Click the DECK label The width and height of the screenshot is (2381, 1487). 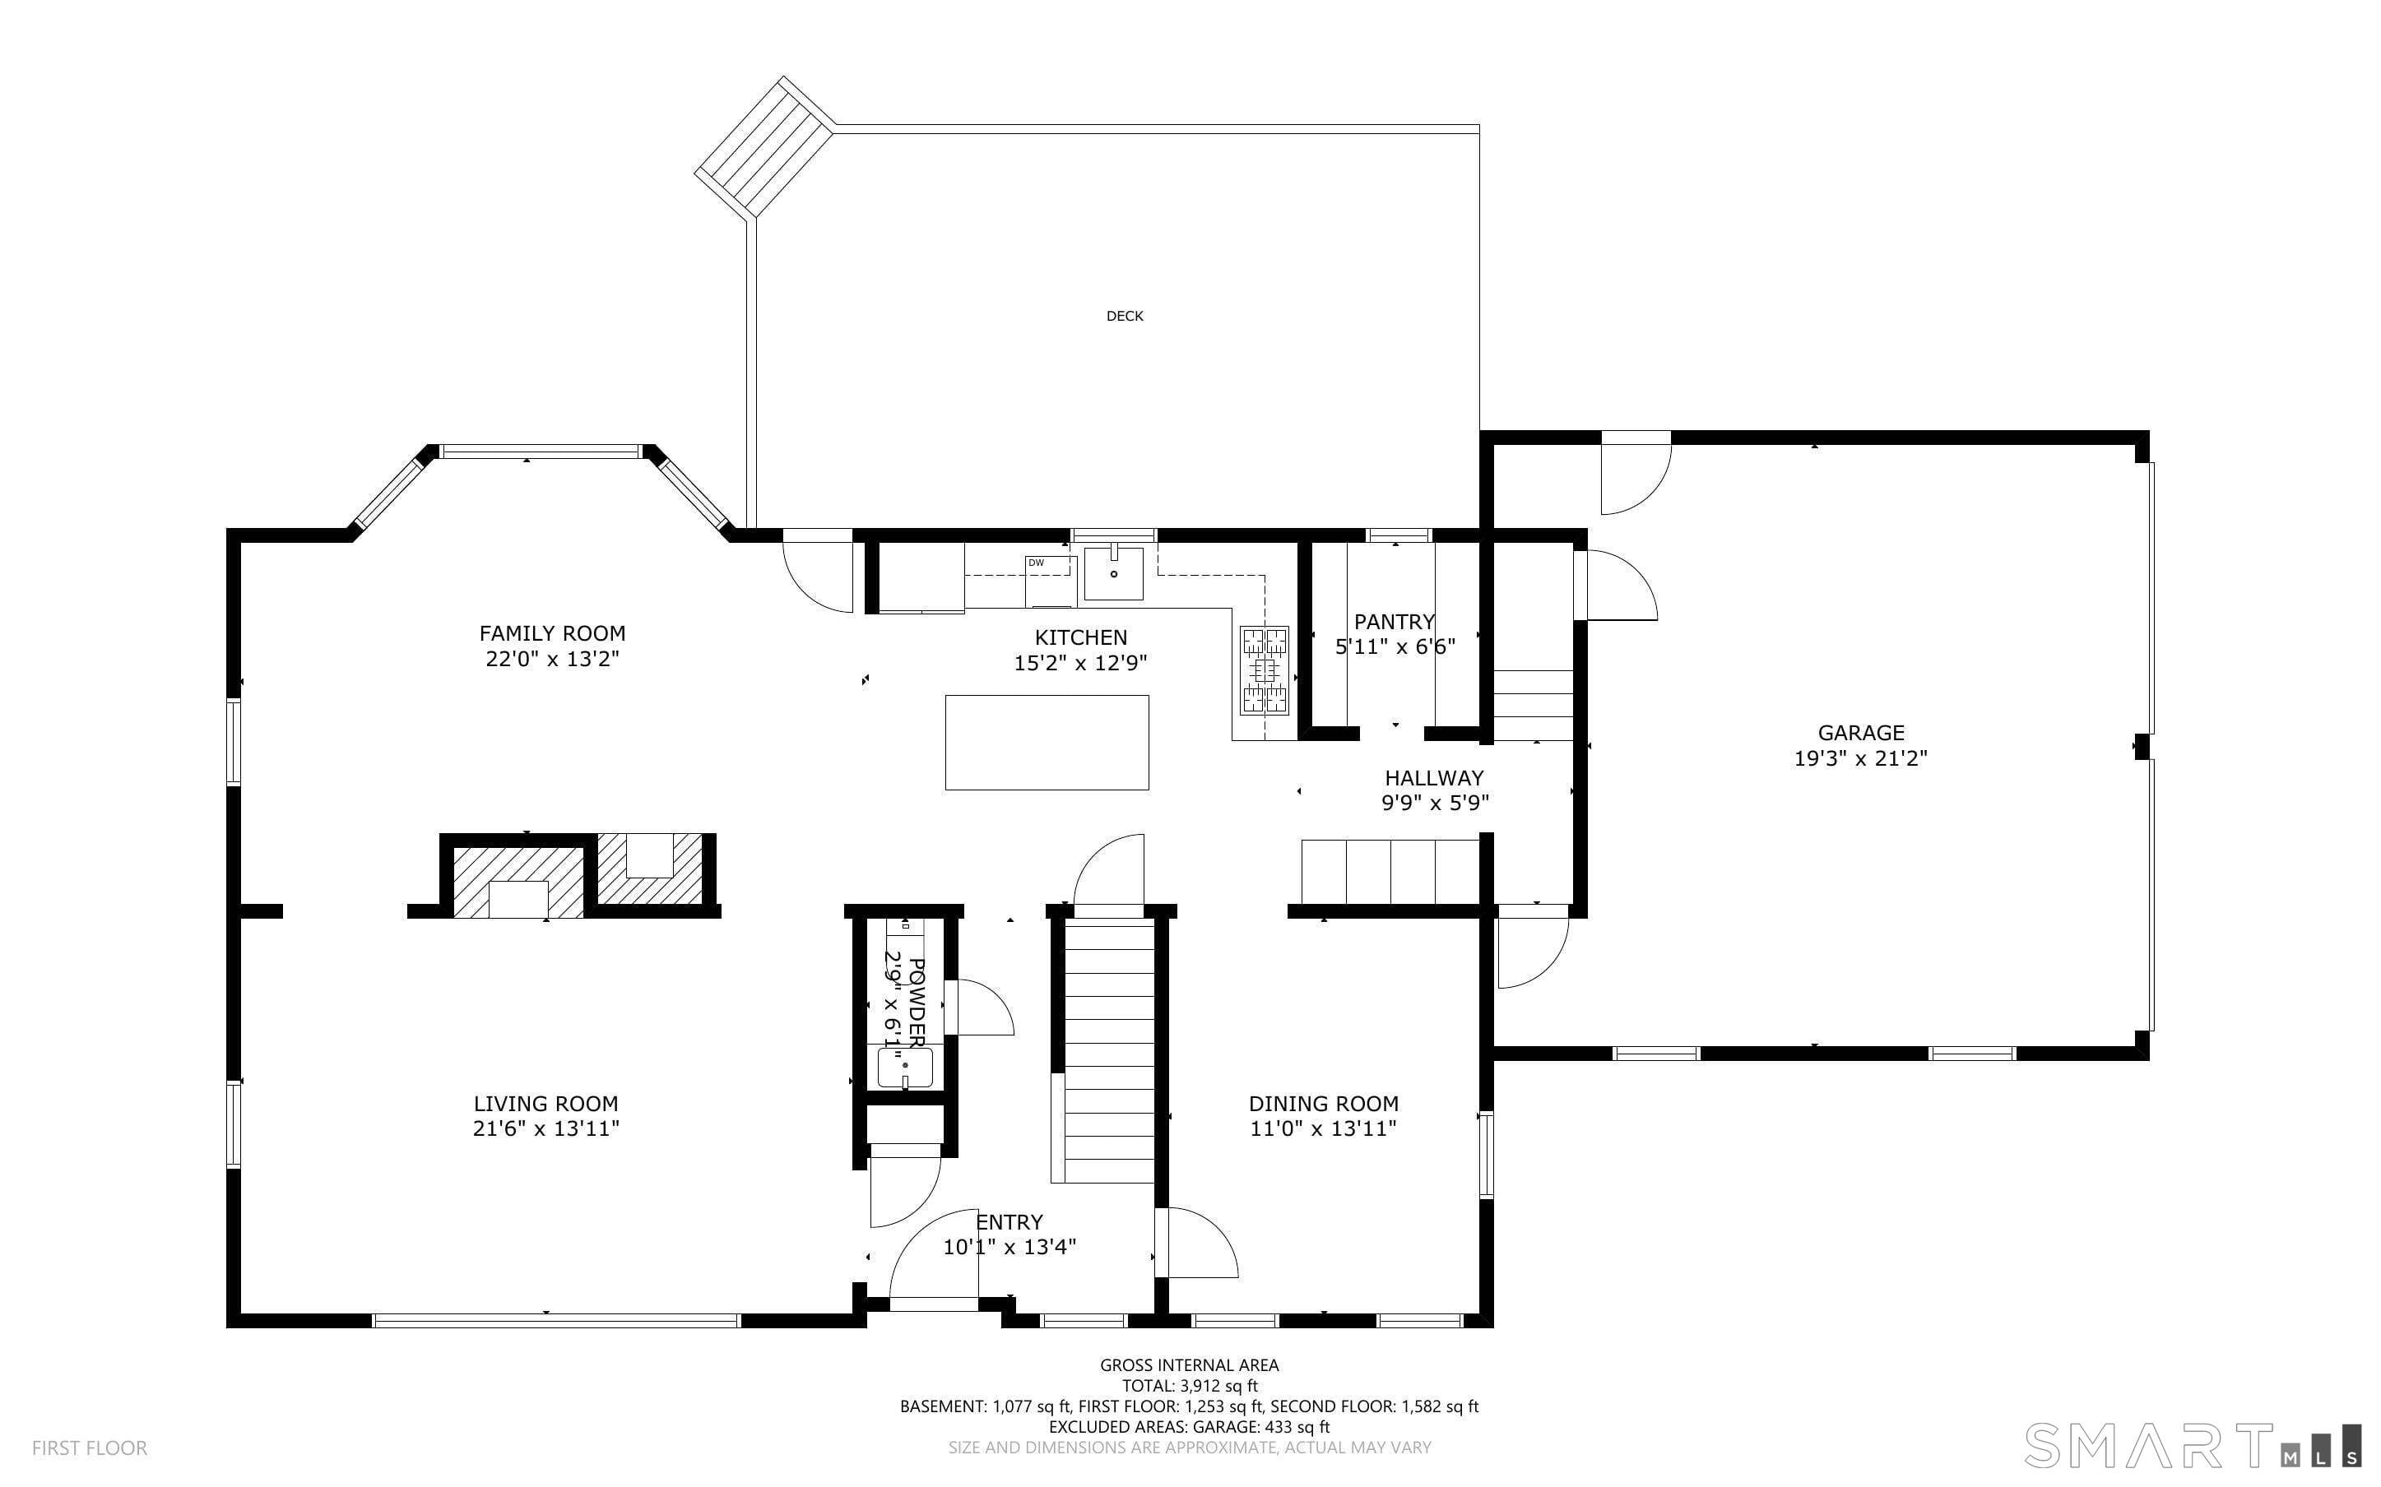(x=1124, y=316)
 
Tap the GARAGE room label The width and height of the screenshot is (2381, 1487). (x=1861, y=733)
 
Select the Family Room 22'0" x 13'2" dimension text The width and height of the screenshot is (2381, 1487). (x=552, y=659)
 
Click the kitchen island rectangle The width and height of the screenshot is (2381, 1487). (x=1047, y=743)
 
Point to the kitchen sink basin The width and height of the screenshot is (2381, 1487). (x=1114, y=573)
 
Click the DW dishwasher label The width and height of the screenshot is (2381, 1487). (x=1036, y=563)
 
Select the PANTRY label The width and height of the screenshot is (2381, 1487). (x=1395, y=622)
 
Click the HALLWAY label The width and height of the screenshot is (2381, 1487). (x=1434, y=778)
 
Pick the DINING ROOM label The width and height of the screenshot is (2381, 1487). (x=1324, y=1104)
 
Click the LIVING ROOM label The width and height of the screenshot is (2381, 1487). (x=545, y=1104)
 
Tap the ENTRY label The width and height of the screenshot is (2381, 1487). (x=1009, y=1221)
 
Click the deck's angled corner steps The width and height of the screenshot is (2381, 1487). (x=765, y=146)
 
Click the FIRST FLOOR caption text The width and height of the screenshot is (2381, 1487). (x=90, y=1448)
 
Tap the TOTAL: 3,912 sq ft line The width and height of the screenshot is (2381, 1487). (x=1190, y=1386)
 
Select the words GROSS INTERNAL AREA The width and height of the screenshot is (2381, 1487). (x=1189, y=1365)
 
